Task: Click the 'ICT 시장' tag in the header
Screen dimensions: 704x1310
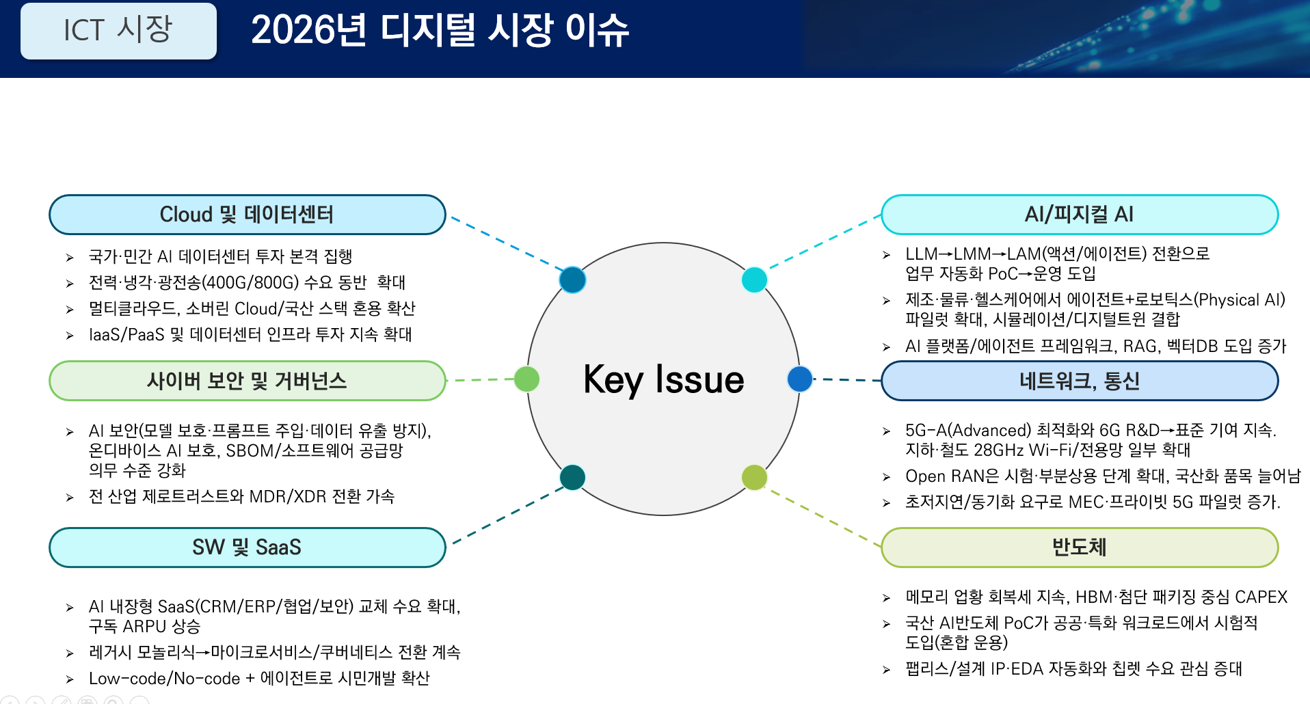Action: (x=118, y=31)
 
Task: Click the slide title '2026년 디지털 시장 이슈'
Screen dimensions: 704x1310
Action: (x=440, y=31)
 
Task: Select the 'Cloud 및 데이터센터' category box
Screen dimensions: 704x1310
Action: (x=247, y=215)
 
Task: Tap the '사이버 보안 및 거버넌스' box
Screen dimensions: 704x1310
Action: (x=247, y=381)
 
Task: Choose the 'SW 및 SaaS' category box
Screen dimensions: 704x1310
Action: (x=247, y=547)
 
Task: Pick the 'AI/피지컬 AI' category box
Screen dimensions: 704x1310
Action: (x=1079, y=215)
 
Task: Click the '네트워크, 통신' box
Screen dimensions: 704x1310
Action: (x=1079, y=381)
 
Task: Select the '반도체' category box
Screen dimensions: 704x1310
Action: (x=1079, y=547)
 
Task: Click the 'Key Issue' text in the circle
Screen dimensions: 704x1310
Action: (x=663, y=379)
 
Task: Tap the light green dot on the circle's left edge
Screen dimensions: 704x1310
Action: (x=526, y=379)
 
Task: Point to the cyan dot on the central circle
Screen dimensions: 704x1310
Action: (x=754, y=280)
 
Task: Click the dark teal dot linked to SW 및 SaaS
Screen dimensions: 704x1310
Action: (x=572, y=477)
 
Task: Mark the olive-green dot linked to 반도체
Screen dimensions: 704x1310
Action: (x=754, y=477)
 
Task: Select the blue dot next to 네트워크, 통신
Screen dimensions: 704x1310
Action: (x=799, y=379)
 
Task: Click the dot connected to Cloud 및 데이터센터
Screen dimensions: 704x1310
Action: (x=572, y=280)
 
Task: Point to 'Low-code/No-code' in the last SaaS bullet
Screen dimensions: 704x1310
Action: (x=164, y=679)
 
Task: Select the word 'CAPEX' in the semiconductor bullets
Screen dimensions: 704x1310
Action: (x=1261, y=597)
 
